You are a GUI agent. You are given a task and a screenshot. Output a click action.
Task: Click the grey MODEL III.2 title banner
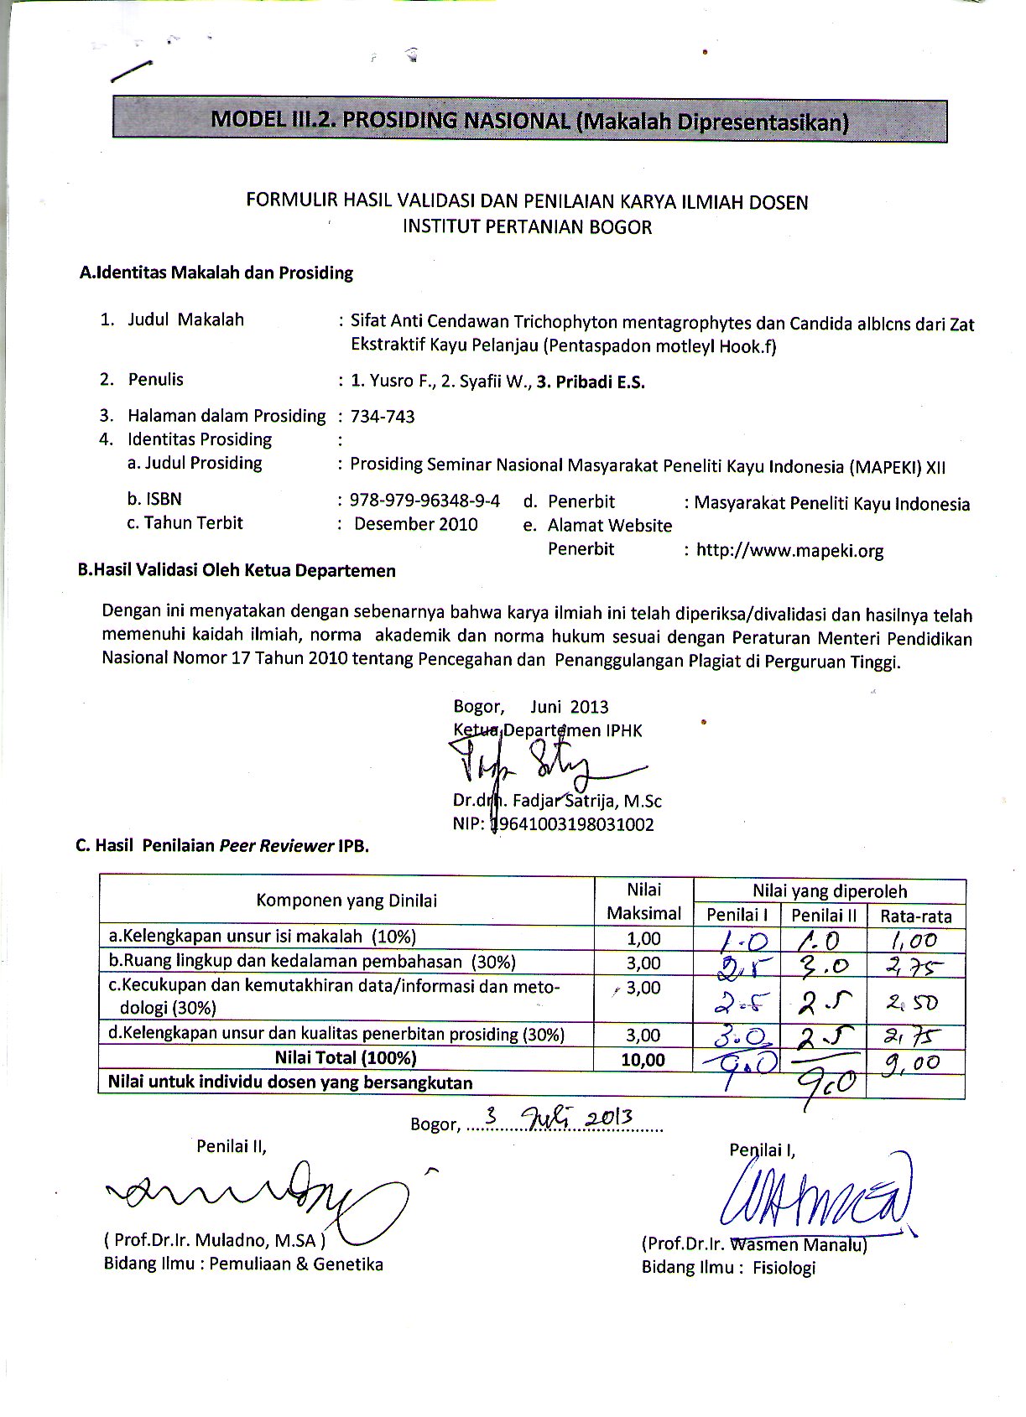tap(529, 121)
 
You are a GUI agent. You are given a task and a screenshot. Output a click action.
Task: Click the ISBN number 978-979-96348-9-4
tap(425, 501)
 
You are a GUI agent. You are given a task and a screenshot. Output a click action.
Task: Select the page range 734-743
tap(383, 417)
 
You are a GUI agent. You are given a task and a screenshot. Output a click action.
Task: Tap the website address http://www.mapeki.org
tap(789, 551)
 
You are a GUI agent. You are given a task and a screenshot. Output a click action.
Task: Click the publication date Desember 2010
tap(416, 525)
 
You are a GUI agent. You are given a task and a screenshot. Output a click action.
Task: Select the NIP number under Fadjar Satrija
tap(571, 824)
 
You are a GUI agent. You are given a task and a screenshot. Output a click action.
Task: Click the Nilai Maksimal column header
tap(644, 901)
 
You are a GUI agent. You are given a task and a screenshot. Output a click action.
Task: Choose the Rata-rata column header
tap(916, 916)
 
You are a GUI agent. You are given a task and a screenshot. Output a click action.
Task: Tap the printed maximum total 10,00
tap(643, 1060)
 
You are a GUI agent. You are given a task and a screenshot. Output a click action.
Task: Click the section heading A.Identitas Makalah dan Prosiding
tap(216, 272)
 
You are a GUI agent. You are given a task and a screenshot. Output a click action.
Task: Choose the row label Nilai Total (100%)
tap(346, 1058)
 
